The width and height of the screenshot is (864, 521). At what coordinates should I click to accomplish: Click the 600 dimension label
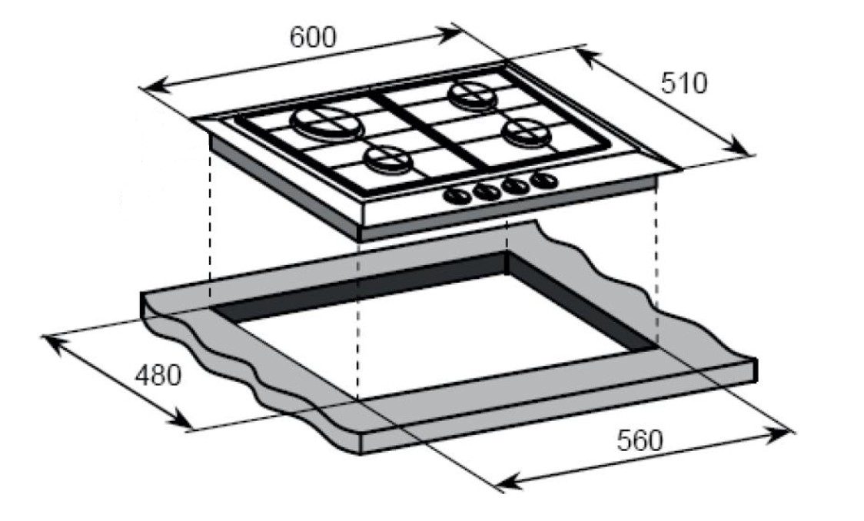[x=312, y=38]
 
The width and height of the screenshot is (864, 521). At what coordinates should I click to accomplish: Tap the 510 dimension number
[x=683, y=84]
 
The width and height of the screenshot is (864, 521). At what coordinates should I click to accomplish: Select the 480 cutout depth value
[x=158, y=376]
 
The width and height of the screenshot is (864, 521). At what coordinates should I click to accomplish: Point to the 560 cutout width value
[x=639, y=441]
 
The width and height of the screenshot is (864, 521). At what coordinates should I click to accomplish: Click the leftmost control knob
[x=457, y=195]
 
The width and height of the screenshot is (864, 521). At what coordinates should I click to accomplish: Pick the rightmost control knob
[x=544, y=181]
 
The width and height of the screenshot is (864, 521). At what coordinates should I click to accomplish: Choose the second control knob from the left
[x=487, y=191]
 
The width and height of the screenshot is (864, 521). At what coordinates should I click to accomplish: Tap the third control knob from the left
[x=515, y=185]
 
